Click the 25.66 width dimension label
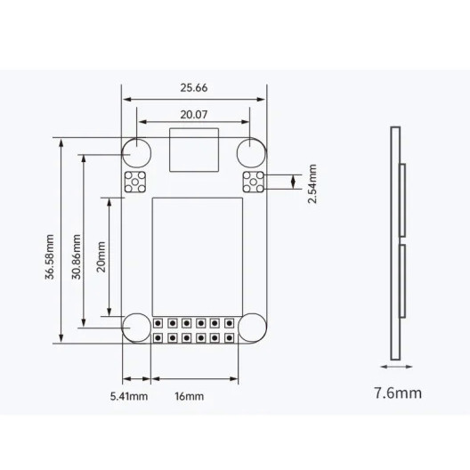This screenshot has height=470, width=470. pos(194,88)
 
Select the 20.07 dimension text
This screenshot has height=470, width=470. pos(194,115)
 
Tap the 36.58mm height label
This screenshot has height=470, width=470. pos(50,257)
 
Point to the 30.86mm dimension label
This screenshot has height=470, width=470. pos(77,257)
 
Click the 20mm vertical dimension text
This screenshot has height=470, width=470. pos(101,257)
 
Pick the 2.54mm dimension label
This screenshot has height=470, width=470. pos(312,183)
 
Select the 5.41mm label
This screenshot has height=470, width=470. pos(129,397)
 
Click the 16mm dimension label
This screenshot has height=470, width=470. pos(189,397)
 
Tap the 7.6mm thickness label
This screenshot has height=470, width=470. pos(398,393)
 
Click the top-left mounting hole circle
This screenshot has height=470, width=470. pos(137,140)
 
